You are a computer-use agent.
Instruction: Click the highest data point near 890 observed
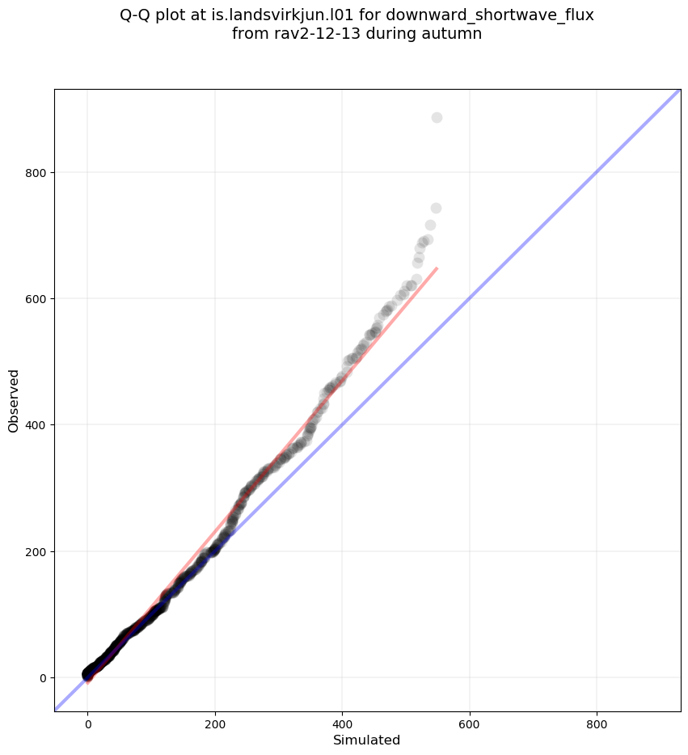pos(437,118)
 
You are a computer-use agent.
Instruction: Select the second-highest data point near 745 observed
pos(436,209)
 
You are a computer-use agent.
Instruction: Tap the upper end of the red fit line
pos(437,268)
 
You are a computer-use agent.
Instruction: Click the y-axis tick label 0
pos(41,677)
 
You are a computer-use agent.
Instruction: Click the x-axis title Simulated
pos(367,740)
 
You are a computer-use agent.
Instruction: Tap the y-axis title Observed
pos(14,401)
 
